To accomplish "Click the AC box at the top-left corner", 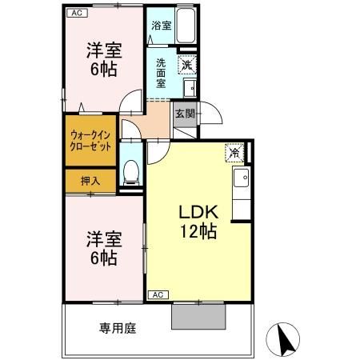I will point(76,13).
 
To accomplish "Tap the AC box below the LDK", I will point(158,294).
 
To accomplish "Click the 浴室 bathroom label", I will point(161,25).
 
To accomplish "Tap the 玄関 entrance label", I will point(184,114).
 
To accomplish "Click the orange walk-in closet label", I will point(90,142).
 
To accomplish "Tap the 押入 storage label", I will point(90,182).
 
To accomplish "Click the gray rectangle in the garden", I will point(199,316).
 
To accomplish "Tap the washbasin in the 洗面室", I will point(190,88).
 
